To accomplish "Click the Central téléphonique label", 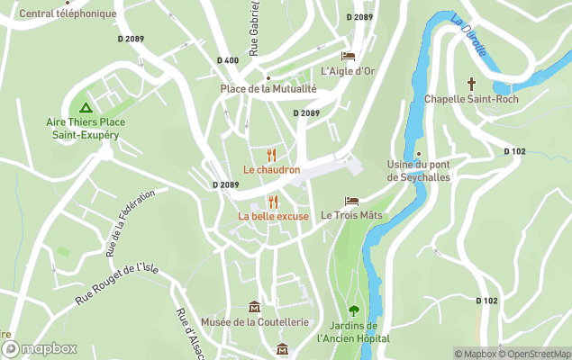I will [68, 13].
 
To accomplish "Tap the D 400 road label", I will [228, 60].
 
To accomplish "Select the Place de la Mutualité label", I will [269, 89].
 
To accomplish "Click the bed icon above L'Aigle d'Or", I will [348, 56].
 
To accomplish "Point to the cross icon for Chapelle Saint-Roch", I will [470, 84].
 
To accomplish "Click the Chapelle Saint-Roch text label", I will [470, 98].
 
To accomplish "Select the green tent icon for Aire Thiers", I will [86, 107].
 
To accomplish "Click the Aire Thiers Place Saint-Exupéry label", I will [86, 129].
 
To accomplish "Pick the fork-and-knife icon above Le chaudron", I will [271, 155].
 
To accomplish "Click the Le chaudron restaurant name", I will [271, 170].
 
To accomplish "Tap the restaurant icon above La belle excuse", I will [273, 202].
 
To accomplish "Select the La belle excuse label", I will [273, 216].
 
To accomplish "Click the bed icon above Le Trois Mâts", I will [351, 202].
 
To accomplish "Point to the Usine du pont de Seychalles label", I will [419, 171].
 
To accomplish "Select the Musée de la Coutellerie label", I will [255, 321].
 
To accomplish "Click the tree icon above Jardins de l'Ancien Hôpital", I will [353, 310].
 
